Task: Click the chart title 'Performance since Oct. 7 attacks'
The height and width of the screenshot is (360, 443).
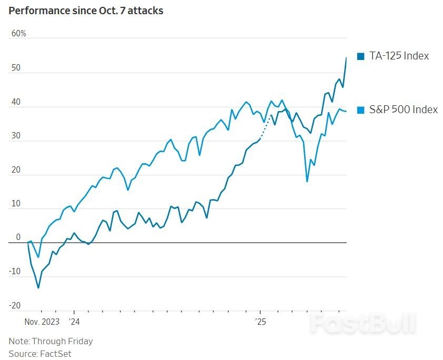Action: [86, 11]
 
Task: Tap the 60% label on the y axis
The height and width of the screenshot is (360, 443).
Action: [18, 34]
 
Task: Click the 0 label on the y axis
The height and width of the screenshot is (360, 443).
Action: [18, 237]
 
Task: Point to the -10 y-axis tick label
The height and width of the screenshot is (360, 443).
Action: [15, 272]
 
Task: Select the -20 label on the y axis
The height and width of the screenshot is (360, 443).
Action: [15, 306]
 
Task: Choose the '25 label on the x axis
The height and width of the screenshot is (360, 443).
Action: [260, 321]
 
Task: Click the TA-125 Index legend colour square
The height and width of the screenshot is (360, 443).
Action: [360, 56]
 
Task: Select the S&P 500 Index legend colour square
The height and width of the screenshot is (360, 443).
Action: [360, 110]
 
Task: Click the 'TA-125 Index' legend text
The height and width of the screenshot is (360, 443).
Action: [399, 56]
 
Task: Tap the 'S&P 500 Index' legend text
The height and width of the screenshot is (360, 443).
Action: [403, 109]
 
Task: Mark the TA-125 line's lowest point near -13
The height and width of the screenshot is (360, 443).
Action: [38, 287]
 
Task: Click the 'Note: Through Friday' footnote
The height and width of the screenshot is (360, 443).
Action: [51, 341]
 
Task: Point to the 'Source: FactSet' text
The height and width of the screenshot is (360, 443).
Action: [39, 354]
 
